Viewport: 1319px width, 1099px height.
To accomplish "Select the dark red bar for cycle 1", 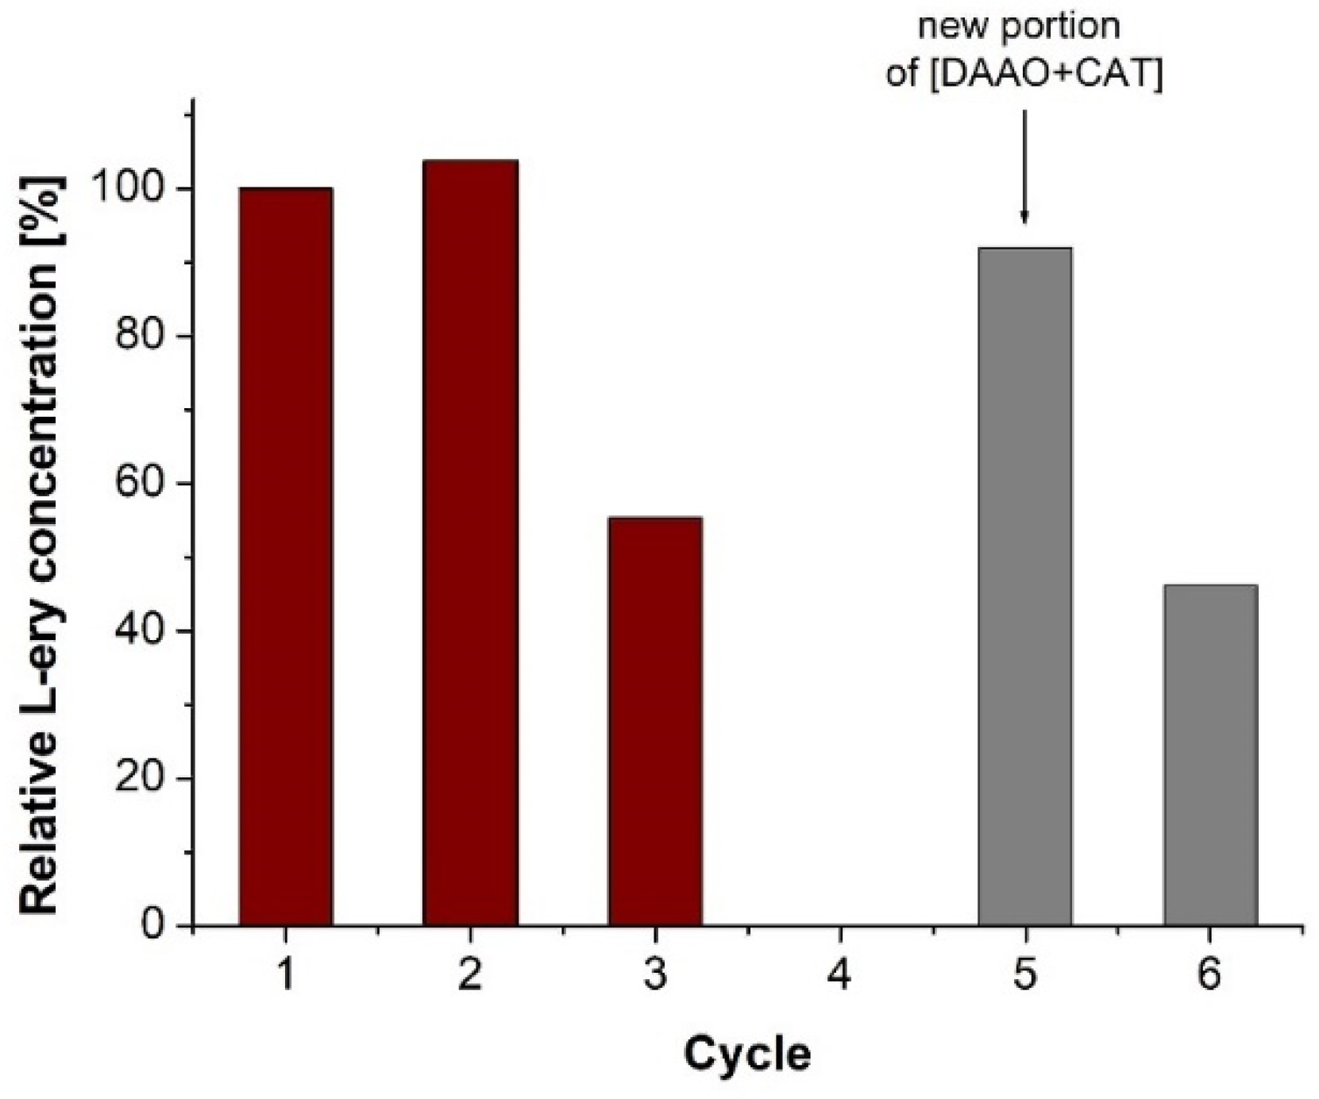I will pyautogui.click(x=285, y=556).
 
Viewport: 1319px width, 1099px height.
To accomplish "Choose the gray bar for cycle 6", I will pyautogui.click(x=1209, y=754).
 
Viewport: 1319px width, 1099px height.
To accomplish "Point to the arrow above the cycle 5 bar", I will pyautogui.click(x=1024, y=167).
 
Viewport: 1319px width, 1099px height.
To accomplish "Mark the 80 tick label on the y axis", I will pyautogui.click(x=141, y=337).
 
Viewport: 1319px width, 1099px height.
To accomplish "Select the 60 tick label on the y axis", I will pyautogui.click(x=141, y=484).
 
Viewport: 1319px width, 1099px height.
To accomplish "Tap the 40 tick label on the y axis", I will pyautogui.click(x=141, y=631).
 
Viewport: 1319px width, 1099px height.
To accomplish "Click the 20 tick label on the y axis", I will pyautogui.click(x=141, y=778).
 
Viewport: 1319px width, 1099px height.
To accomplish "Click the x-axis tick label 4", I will pyautogui.click(x=839, y=975).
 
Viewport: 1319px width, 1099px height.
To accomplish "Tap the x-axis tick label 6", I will pyautogui.click(x=1209, y=975).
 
